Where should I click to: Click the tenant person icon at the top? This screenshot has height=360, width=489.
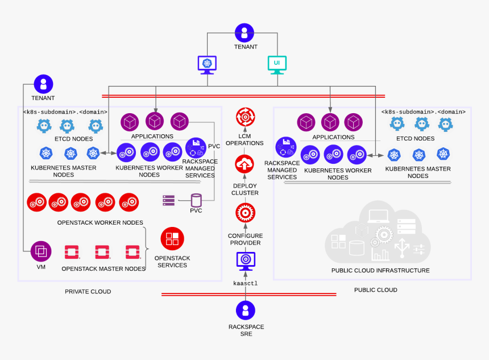(244, 32)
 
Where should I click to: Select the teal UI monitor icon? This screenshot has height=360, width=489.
(277, 64)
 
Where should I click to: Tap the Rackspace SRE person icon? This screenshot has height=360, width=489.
(245, 311)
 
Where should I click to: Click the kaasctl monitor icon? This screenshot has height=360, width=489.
(246, 261)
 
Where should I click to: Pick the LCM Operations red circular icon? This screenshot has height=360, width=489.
(245, 118)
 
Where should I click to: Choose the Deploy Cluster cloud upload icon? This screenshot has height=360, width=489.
(245, 164)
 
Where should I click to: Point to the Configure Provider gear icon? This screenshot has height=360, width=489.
(245, 214)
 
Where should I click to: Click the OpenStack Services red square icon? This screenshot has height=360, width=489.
(172, 239)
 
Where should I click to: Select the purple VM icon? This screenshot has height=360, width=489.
(40, 251)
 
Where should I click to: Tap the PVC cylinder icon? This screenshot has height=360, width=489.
(196, 200)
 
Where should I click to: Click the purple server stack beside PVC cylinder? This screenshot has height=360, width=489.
(168, 200)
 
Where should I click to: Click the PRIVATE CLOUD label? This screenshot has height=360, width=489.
(88, 291)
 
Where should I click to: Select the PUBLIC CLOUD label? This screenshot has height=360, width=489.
(375, 289)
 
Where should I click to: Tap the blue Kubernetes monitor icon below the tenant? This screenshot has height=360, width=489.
(207, 64)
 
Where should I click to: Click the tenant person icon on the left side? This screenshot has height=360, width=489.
(43, 84)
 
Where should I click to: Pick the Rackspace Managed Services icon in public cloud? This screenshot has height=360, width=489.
(285, 147)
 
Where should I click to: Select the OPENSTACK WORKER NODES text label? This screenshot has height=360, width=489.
(100, 222)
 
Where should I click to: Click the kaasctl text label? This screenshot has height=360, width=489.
(245, 283)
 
